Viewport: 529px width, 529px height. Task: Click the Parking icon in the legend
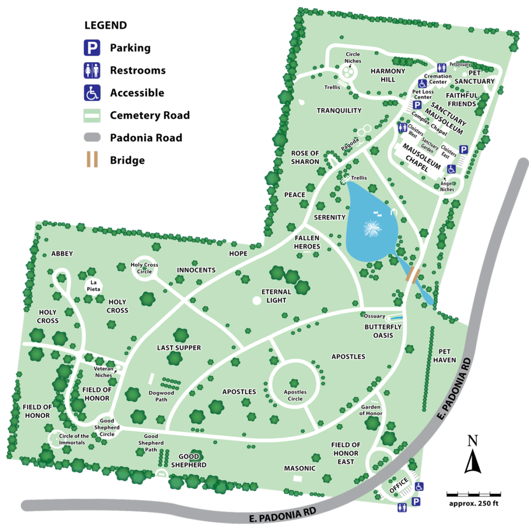[92, 48]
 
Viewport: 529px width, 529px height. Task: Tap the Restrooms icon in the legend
[92, 71]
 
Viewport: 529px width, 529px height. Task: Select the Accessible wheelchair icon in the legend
[92, 93]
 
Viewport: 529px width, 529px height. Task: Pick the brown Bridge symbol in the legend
[92, 159]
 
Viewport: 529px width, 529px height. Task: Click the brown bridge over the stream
[413, 274]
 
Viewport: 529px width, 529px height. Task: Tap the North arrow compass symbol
[472, 455]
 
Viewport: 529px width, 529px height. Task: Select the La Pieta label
[94, 286]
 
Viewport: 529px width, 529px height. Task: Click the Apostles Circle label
[295, 395]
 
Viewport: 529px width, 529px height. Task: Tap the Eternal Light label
[276, 296]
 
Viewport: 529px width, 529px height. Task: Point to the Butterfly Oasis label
[383, 331]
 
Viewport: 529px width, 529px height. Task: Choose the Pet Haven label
[445, 355]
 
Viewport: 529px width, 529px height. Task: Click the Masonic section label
[300, 469]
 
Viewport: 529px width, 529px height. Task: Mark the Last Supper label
[179, 348]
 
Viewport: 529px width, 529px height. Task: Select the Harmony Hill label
[387, 75]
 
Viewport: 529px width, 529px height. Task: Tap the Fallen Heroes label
[307, 242]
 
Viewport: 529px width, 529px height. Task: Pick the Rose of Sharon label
[305, 157]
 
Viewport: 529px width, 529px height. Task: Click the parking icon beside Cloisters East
[463, 150]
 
